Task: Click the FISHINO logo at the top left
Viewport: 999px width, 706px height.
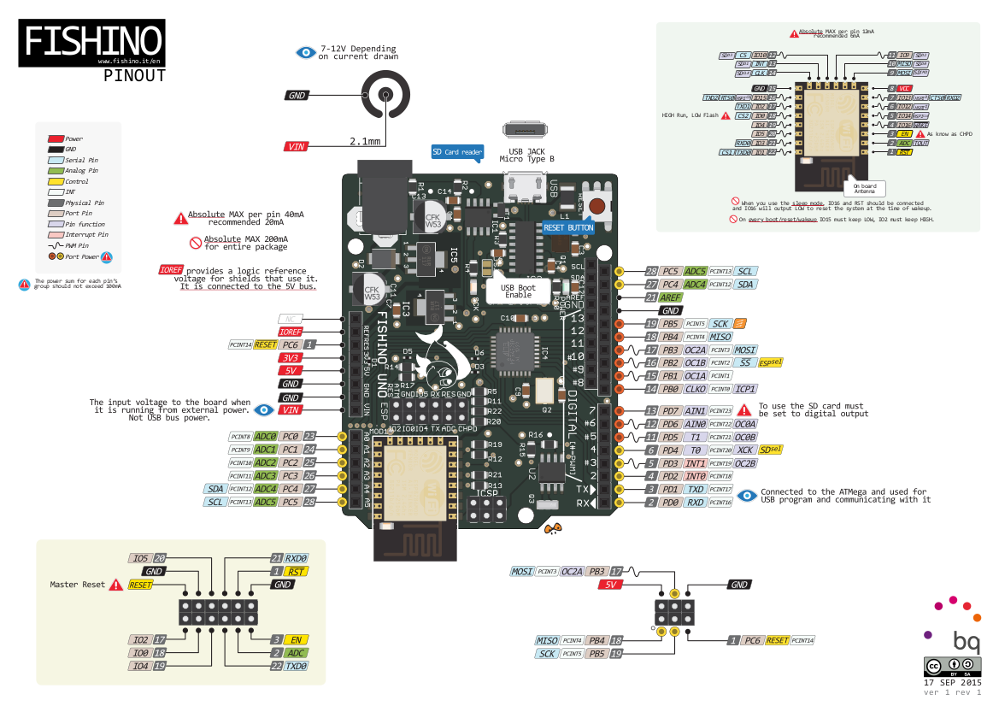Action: (92, 41)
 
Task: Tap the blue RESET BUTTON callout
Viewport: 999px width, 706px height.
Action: (568, 227)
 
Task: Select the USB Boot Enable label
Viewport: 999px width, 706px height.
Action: (518, 291)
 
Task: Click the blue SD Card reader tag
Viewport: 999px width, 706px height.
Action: (457, 151)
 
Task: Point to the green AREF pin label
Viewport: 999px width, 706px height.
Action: (670, 297)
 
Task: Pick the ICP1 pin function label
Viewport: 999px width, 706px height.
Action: (744, 389)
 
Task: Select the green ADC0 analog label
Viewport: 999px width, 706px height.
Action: (266, 436)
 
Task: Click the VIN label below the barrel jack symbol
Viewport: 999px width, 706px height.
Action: (296, 146)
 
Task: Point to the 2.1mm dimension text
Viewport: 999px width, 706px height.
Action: (365, 141)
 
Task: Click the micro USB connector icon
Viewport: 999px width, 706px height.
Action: (525, 130)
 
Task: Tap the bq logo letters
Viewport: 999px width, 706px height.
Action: (967, 640)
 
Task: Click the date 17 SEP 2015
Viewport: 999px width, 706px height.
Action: (954, 683)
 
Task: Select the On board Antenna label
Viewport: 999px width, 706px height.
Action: (864, 188)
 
